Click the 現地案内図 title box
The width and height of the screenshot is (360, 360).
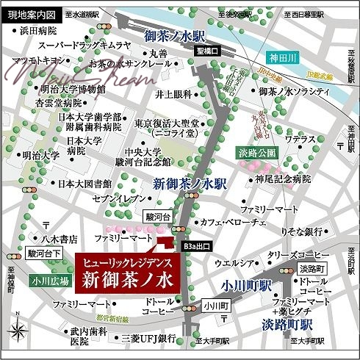coord(28,13)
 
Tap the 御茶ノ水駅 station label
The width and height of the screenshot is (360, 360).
coord(176,35)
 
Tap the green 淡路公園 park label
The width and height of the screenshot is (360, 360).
coord(257,153)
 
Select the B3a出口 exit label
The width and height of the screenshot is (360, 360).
coord(196,247)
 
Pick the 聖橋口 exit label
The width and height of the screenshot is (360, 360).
coord(208,51)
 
